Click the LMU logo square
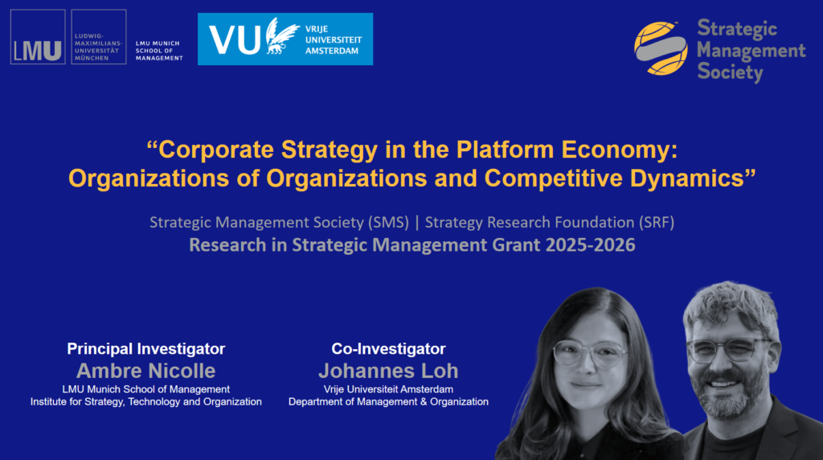click(38, 37)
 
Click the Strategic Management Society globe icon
click(661, 48)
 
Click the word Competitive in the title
click(554, 178)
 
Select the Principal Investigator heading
click(146, 349)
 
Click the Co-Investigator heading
click(388, 349)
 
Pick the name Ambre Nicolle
click(146, 371)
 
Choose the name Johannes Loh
click(388, 371)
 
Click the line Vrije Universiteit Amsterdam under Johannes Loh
click(388, 389)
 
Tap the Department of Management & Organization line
click(388, 402)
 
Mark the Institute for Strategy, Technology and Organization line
click(146, 402)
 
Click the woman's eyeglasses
click(591, 354)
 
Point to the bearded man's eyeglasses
click(728, 350)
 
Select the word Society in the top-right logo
click(730, 72)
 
